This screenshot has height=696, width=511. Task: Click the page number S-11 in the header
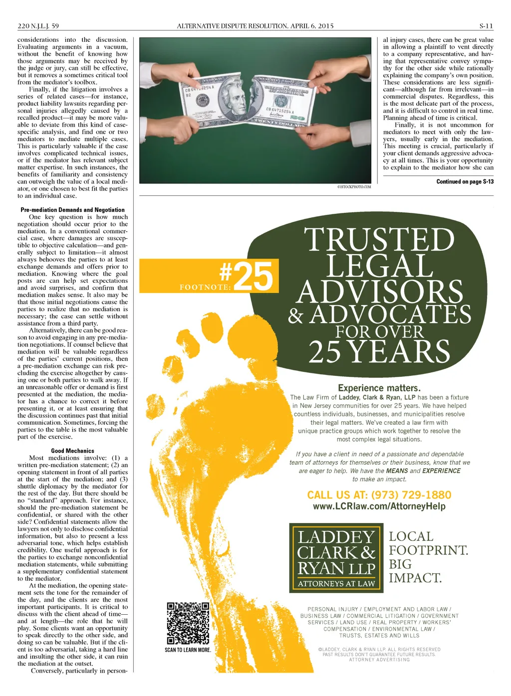pos(486,26)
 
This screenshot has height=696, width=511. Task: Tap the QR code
pos(188,623)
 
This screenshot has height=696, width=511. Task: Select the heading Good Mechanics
pos(72,451)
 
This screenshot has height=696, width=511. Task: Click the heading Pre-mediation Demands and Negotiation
pos(73,210)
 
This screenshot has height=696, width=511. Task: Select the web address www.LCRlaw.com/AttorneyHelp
pos(379,507)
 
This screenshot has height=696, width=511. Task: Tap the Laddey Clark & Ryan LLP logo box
pos(336,558)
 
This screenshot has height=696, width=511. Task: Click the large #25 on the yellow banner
pos(247,276)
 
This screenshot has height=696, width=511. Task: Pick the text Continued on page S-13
pos(465,181)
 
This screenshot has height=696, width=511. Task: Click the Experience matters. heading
pos(379,388)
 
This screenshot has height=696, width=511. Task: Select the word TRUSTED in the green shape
pos(379,240)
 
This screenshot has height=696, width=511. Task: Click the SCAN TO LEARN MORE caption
pos(188,650)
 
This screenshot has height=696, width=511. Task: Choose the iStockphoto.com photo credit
pos(354,187)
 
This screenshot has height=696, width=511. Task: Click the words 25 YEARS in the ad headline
pos(379,352)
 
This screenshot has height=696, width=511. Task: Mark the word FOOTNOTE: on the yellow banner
pos(205,287)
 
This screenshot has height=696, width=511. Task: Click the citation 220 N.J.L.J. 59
pos(38,26)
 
